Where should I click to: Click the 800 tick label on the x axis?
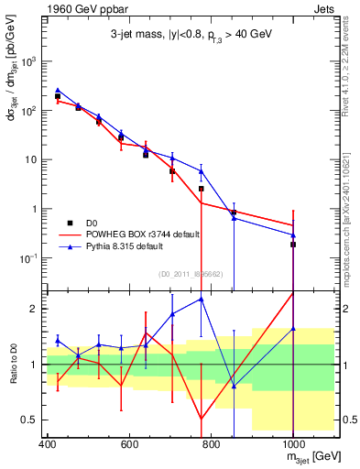[211, 446]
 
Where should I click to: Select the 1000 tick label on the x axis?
[292, 446]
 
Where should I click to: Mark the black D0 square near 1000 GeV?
[292, 245]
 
